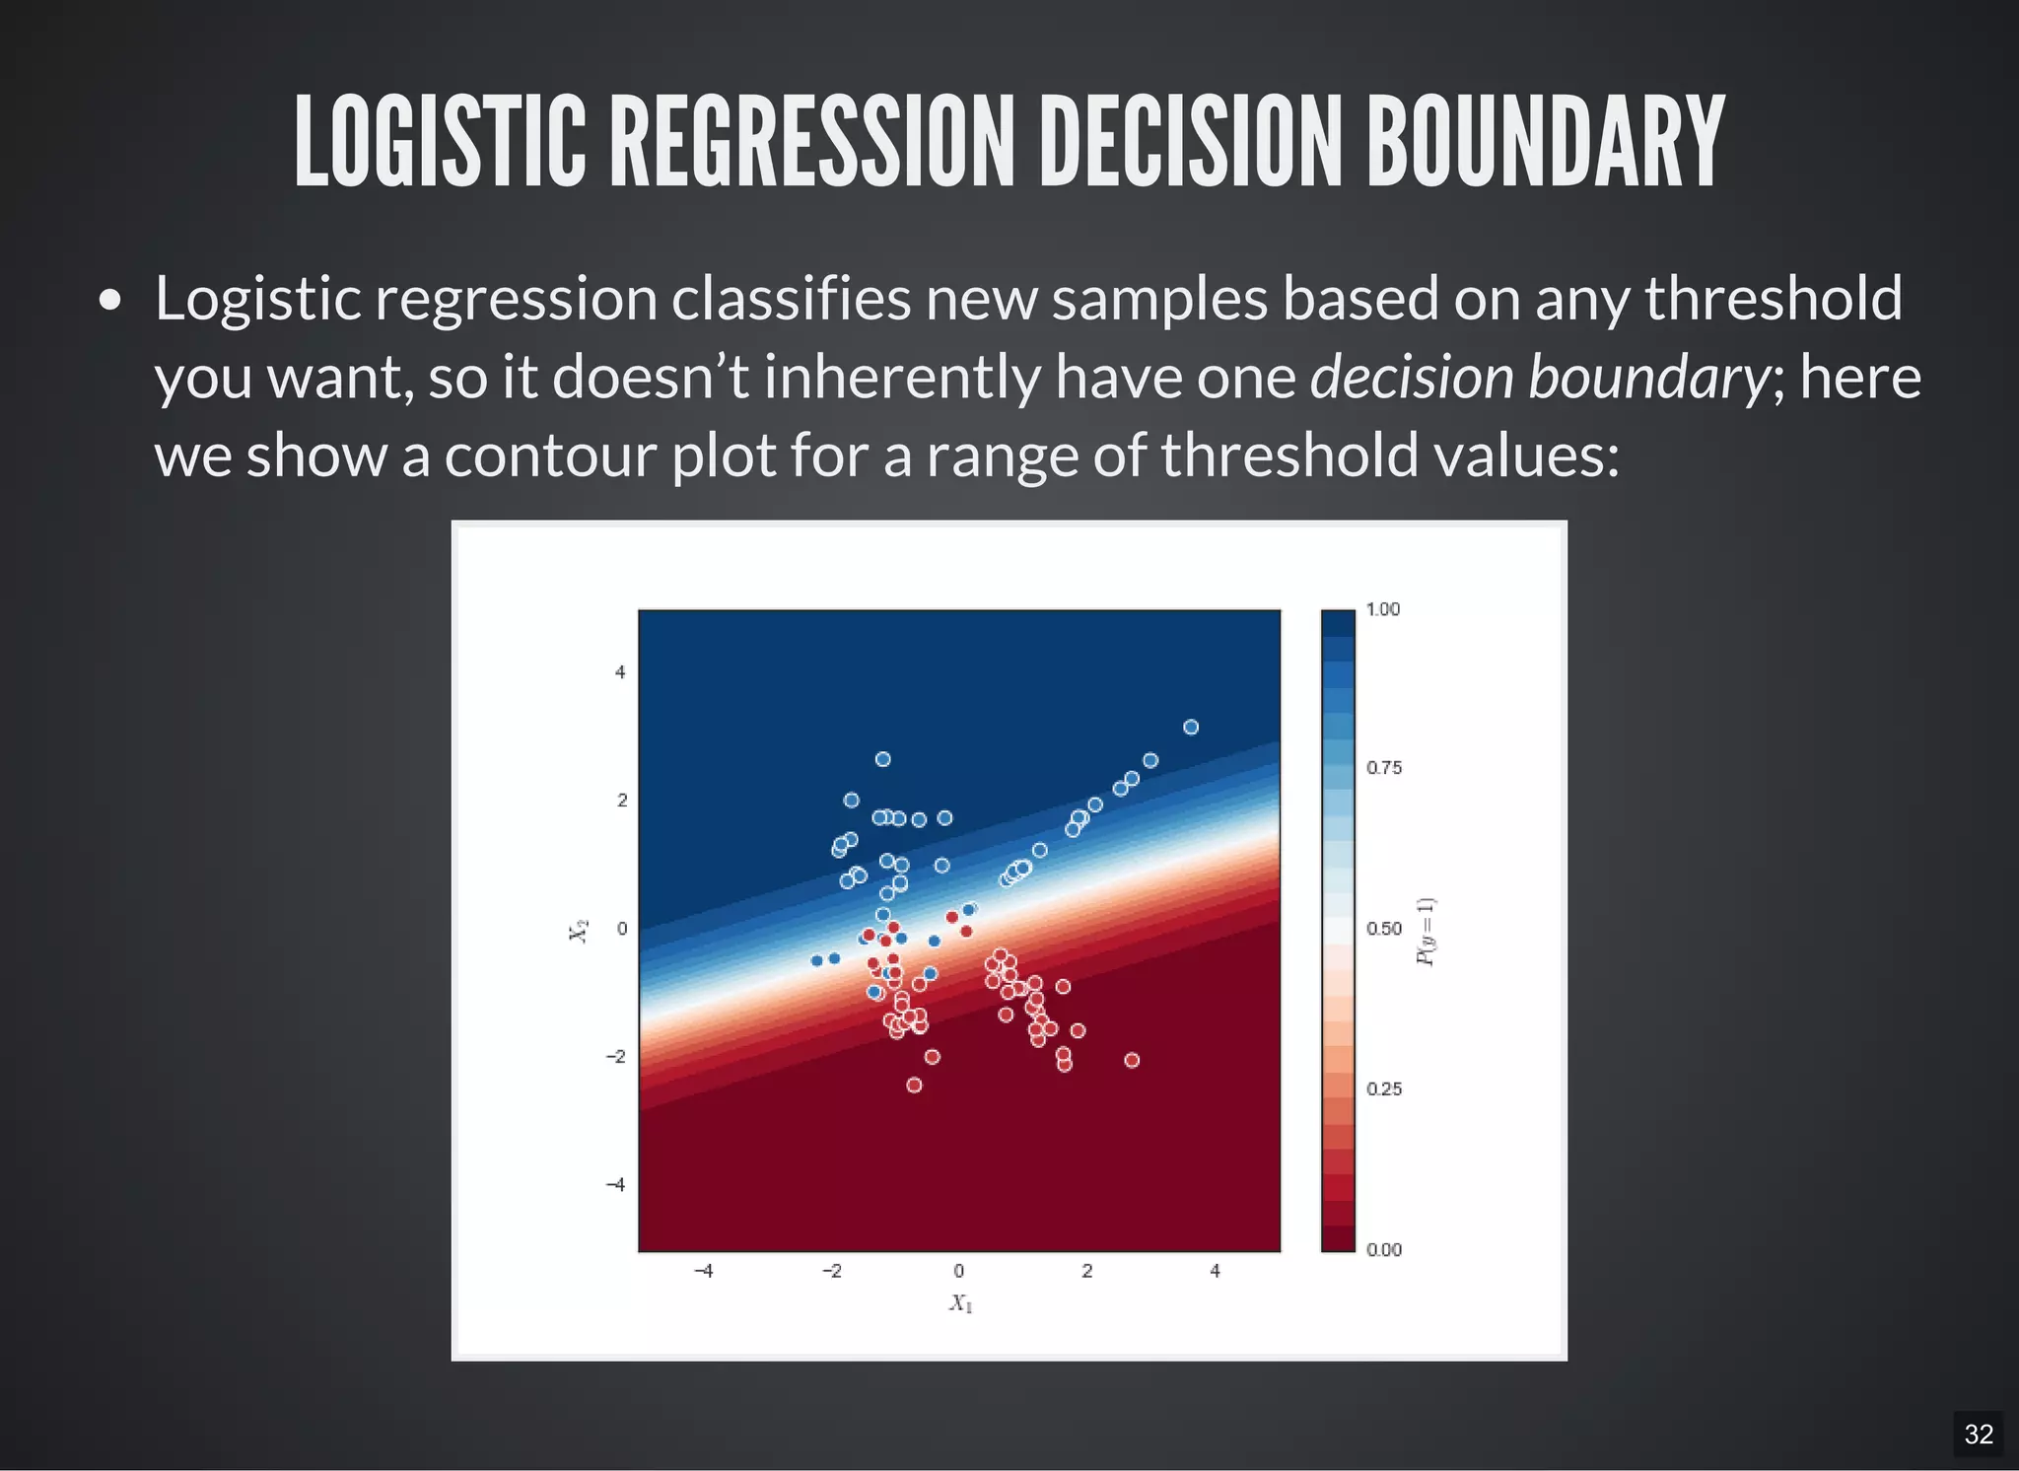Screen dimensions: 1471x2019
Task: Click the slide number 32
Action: click(1978, 1434)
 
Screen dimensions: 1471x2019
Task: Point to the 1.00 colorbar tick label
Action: click(1382, 609)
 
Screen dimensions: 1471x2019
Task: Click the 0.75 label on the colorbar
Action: click(1383, 768)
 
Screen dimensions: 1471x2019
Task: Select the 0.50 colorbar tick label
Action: click(1383, 929)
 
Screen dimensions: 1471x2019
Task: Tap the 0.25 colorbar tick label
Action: click(1383, 1089)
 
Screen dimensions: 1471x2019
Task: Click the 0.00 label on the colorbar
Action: click(1383, 1250)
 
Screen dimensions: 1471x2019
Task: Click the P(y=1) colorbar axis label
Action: click(1426, 932)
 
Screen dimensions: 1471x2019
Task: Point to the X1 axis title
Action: click(960, 1303)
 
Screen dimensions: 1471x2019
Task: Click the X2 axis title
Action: click(579, 930)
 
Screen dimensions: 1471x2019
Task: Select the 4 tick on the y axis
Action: click(620, 672)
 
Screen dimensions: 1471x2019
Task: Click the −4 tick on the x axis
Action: click(704, 1271)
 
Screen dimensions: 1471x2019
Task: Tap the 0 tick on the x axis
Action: click(958, 1271)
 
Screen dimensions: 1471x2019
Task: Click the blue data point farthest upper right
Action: click(1191, 727)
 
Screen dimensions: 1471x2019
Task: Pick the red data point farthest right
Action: click(1132, 1060)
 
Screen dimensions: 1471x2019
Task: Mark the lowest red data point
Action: click(914, 1085)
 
